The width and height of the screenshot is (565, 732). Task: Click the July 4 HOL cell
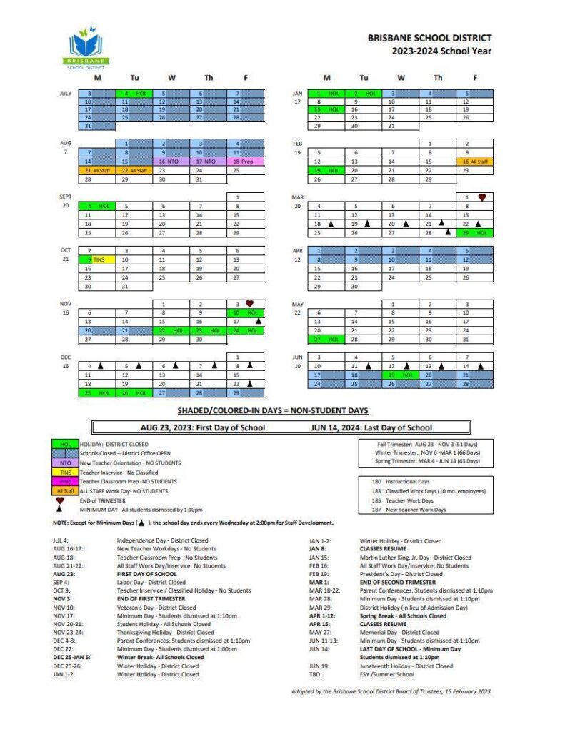tap(134, 94)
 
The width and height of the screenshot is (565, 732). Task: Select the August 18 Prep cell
tap(245, 162)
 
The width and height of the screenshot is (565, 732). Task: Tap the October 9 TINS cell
tap(97, 259)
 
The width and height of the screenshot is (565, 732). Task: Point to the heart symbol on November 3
tap(249, 303)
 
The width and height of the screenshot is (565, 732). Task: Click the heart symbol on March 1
tap(481, 197)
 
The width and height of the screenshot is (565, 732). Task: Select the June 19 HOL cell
tap(401, 375)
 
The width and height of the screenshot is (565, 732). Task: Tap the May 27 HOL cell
tap(326, 339)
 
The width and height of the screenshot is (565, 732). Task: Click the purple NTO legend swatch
tap(65, 463)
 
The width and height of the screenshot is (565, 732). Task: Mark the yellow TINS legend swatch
tap(65, 472)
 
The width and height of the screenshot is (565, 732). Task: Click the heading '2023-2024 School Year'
tap(441, 51)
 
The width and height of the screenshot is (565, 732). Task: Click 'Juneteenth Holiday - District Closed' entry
tap(406, 666)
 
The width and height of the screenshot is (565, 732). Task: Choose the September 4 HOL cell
tap(97, 206)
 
